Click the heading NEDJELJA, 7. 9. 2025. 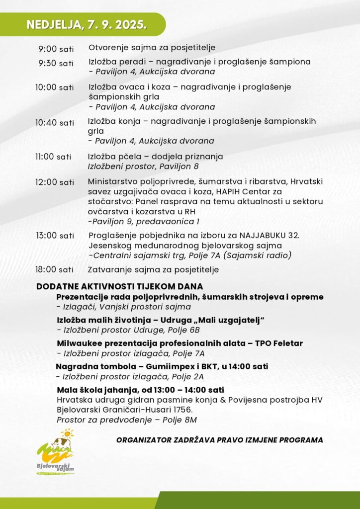(x=87, y=25)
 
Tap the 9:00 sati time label (x=56, y=49)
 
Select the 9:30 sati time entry (x=56, y=63)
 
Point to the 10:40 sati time (x=54, y=123)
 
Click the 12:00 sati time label (x=54, y=182)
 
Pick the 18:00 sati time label (x=54, y=270)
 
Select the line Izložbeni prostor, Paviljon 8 (x=143, y=167)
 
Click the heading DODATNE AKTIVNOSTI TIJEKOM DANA (x=119, y=287)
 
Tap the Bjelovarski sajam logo (x=56, y=453)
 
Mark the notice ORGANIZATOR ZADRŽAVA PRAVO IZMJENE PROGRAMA (x=219, y=440)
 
